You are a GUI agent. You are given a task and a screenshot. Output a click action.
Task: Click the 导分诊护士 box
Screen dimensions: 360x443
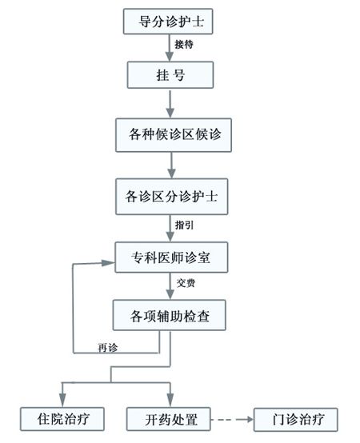click(x=168, y=22)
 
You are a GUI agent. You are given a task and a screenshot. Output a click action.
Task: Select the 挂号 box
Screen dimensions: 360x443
click(x=170, y=75)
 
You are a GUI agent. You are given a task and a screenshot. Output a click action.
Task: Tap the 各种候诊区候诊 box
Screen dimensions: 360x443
click(x=174, y=135)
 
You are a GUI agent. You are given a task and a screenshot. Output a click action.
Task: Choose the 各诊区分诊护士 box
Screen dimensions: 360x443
click(x=171, y=197)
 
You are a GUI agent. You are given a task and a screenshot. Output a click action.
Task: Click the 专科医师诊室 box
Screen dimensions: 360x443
click(x=171, y=257)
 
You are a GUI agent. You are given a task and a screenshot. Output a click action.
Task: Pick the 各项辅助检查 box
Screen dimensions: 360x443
click(x=170, y=315)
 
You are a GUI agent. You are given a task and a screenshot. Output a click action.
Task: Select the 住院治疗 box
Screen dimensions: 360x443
click(x=62, y=419)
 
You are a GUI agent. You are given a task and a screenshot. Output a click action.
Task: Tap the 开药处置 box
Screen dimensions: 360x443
click(x=169, y=419)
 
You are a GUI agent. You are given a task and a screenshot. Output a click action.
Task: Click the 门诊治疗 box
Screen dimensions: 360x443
click(x=295, y=420)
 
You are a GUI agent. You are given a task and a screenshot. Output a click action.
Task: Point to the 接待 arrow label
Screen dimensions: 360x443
click(x=184, y=44)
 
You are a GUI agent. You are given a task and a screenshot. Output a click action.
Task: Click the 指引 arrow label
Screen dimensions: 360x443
click(x=184, y=225)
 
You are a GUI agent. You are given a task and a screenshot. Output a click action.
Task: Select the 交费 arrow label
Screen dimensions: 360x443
click(x=186, y=283)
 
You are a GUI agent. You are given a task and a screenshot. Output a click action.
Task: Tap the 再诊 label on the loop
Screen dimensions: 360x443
click(x=107, y=348)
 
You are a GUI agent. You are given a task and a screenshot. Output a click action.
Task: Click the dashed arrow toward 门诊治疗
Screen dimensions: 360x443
click(x=232, y=420)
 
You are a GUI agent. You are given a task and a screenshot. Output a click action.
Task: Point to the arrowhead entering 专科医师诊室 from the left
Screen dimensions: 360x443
click(x=109, y=263)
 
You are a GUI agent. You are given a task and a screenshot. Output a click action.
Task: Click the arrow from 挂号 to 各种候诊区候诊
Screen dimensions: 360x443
click(x=170, y=104)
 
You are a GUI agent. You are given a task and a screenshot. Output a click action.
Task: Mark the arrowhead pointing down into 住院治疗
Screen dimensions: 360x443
click(x=62, y=400)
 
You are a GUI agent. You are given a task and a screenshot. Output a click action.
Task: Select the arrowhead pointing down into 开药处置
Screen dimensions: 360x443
click(x=170, y=400)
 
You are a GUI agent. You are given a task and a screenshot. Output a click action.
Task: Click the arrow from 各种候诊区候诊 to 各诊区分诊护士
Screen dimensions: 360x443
click(x=171, y=166)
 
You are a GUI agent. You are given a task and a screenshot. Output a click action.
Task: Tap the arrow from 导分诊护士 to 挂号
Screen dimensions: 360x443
click(x=170, y=48)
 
